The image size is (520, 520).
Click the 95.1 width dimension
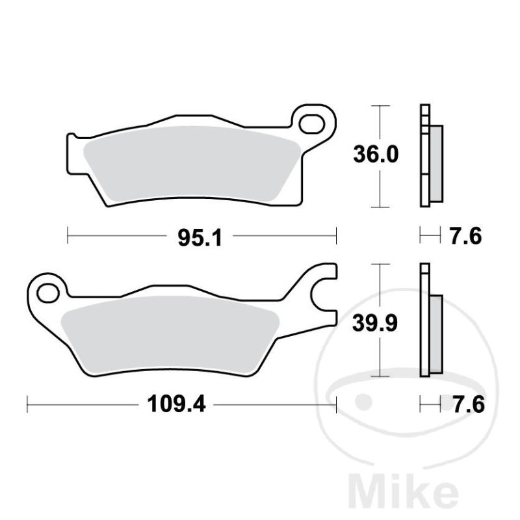[200, 238]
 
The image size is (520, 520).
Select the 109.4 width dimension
[176, 404]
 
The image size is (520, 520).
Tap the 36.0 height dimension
[376, 154]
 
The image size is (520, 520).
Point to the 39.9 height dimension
[375, 323]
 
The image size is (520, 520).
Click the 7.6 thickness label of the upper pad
[465, 237]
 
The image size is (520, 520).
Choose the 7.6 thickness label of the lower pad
[469, 404]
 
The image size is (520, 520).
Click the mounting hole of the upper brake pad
[311, 124]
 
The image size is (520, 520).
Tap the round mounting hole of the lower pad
[48, 293]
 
